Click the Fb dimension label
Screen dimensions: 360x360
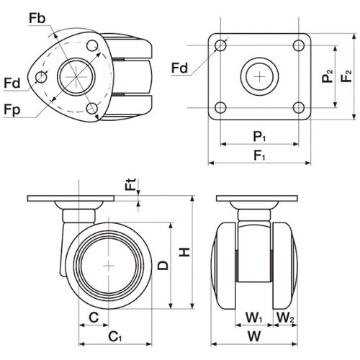pyautogui.click(x=37, y=18)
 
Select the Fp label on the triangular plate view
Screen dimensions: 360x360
pyautogui.click(x=12, y=110)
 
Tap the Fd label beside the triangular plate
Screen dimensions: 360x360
pyautogui.click(x=12, y=84)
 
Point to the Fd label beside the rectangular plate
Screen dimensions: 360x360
pyautogui.click(x=179, y=68)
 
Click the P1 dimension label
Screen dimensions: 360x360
pyautogui.click(x=259, y=137)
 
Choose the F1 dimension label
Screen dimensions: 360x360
pyautogui.click(x=259, y=156)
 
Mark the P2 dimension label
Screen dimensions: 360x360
pyautogui.click(x=328, y=76)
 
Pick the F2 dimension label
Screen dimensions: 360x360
pyautogui.click(x=346, y=76)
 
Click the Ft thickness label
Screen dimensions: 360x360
pyautogui.click(x=131, y=184)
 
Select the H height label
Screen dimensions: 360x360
pyautogui.click(x=185, y=252)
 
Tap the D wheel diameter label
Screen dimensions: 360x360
pyautogui.click(x=163, y=266)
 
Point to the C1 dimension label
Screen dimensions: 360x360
pyautogui.click(x=115, y=336)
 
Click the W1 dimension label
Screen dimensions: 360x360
pyautogui.click(x=254, y=318)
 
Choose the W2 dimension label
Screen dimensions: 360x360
pyautogui.click(x=285, y=318)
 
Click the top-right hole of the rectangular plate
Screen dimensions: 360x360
pyautogui.click(x=299, y=45)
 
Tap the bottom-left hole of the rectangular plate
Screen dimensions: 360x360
pyautogui.click(x=220, y=107)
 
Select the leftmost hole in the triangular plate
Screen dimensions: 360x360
pyautogui.click(x=41, y=77)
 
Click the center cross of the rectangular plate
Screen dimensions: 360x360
pyautogui.click(x=259, y=77)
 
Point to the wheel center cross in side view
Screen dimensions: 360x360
pyautogui.click(x=109, y=266)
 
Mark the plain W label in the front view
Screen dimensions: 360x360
pyautogui.click(x=254, y=336)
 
